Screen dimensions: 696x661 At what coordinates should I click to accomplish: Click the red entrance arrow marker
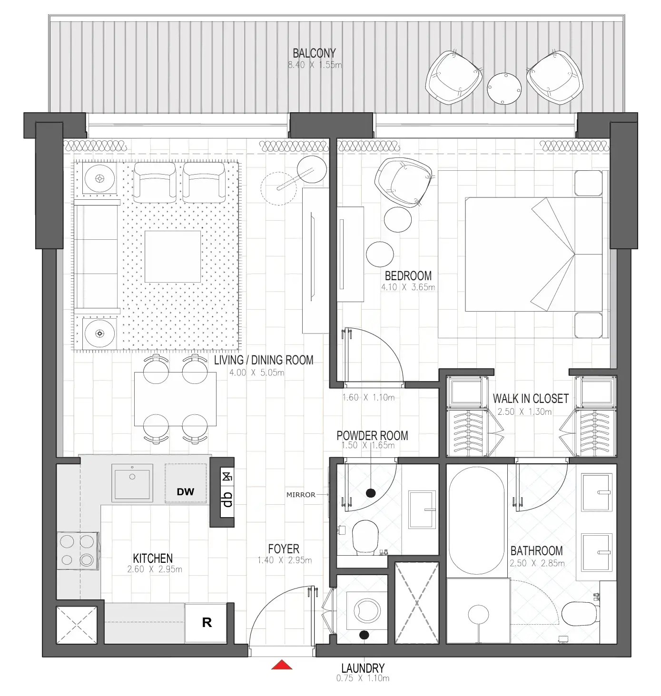tap(281, 665)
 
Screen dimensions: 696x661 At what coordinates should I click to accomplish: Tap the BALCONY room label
tap(314, 53)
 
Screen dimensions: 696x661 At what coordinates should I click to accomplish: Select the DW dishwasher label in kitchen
tap(186, 491)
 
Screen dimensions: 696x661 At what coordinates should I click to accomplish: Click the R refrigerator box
tap(207, 623)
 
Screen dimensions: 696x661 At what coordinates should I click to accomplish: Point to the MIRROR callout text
tap(301, 495)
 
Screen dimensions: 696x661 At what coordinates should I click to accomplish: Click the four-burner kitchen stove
tap(77, 550)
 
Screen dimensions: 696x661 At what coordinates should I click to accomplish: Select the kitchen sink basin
tap(132, 483)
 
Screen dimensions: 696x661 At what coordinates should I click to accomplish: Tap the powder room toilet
tap(365, 537)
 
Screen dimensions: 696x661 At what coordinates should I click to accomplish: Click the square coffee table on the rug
tap(173, 256)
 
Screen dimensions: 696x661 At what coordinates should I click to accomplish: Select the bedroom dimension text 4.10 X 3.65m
tap(408, 287)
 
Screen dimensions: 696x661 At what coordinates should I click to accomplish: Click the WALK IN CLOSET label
tap(531, 399)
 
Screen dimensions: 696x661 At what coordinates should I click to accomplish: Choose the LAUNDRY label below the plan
tap(363, 668)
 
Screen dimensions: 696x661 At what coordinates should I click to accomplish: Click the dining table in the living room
tap(175, 399)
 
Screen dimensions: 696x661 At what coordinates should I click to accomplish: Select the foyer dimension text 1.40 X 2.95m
tap(284, 560)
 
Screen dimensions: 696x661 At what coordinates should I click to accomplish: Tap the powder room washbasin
tap(422, 510)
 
